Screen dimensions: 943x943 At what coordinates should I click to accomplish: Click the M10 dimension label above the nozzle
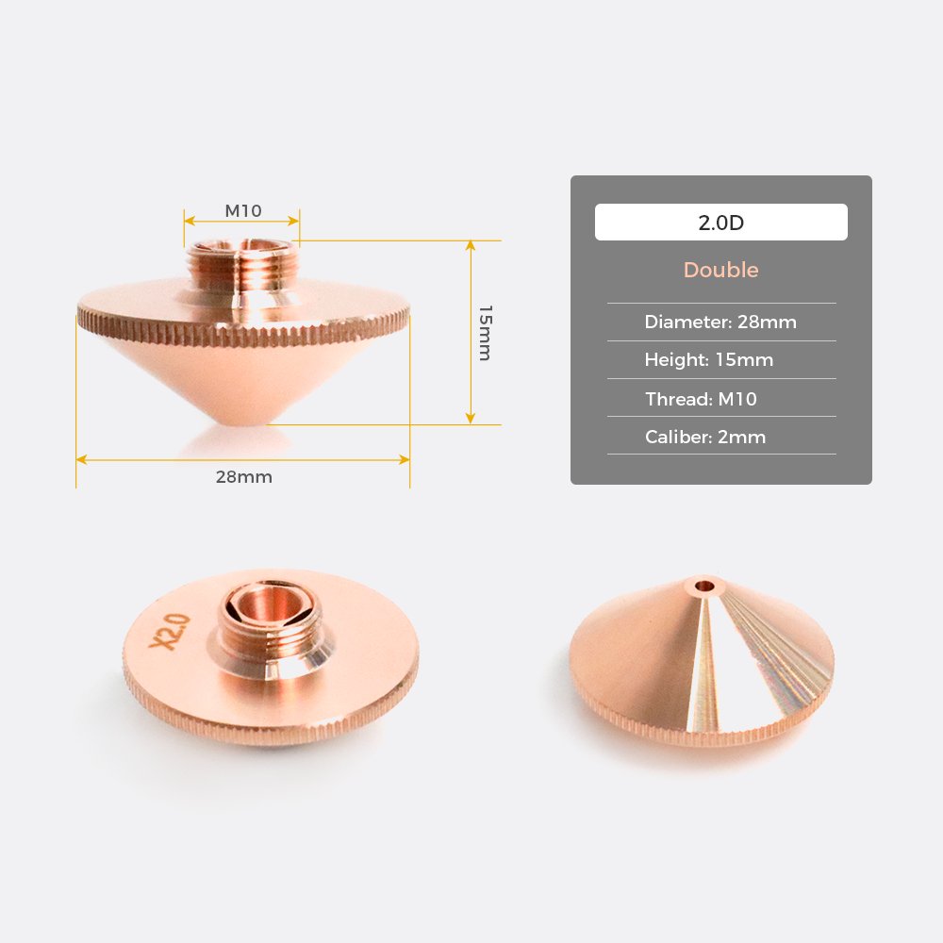(x=243, y=211)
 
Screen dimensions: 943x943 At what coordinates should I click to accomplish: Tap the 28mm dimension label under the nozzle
(x=243, y=477)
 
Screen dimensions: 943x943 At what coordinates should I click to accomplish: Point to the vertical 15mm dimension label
(x=486, y=333)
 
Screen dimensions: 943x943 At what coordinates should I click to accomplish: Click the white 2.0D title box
(x=721, y=222)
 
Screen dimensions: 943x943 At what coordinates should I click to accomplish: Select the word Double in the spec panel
(x=720, y=270)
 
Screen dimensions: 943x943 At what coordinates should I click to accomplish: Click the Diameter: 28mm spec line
(x=720, y=322)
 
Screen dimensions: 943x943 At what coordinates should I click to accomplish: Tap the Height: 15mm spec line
(x=708, y=359)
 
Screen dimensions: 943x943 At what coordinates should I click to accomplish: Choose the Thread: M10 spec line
(x=701, y=399)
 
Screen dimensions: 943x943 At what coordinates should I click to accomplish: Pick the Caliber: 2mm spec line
(x=704, y=437)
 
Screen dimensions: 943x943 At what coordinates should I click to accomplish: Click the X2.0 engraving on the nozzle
(x=170, y=632)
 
